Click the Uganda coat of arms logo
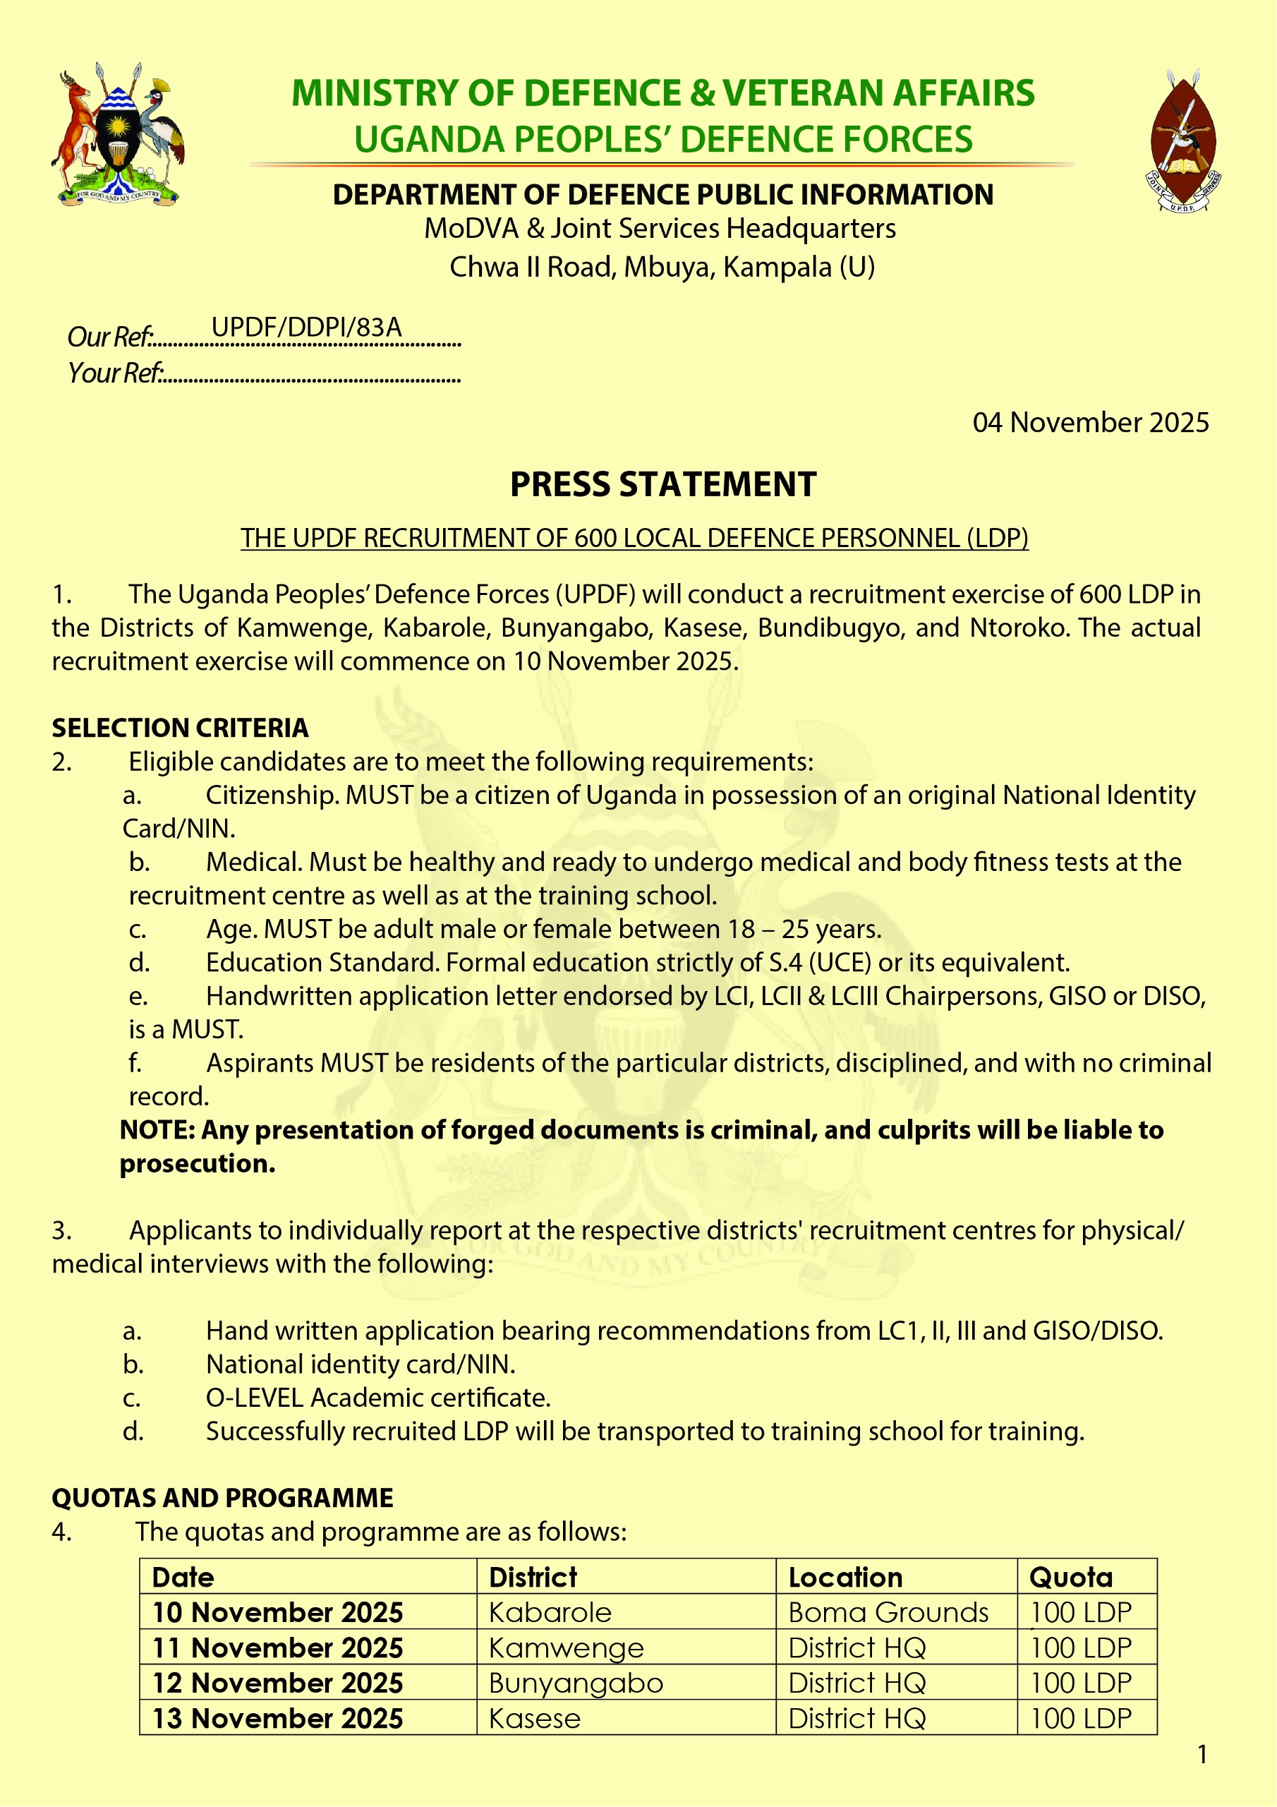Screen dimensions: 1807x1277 click(x=118, y=136)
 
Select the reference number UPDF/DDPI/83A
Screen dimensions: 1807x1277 click(x=306, y=327)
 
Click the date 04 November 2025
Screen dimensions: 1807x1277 click(x=1090, y=423)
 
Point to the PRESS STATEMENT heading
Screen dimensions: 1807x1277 click(x=662, y=484)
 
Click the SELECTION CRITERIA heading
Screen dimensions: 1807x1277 click(x=180, y=728)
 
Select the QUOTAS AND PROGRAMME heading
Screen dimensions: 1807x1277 click(x=223, y=1498)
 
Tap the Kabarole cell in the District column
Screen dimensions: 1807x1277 click(x=550, y=1613)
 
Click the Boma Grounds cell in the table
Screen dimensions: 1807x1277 click(x=888, y=1613)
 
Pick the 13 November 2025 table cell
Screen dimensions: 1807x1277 click(x=277, y=1718)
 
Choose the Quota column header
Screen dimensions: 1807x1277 click(x=1071, y=1577)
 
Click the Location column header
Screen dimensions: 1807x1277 click(x=845, y=1577)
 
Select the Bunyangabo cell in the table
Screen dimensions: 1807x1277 click(x=576, y=1683)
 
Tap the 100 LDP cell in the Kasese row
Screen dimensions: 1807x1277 click(x=1081, y=1718)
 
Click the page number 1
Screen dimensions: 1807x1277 click(x=1202, y=1754)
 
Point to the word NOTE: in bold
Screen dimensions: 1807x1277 click(x=157, y=1130)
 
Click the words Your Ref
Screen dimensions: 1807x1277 click(x=115, y=372)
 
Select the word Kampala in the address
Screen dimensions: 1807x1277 click(x=777, y=267)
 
